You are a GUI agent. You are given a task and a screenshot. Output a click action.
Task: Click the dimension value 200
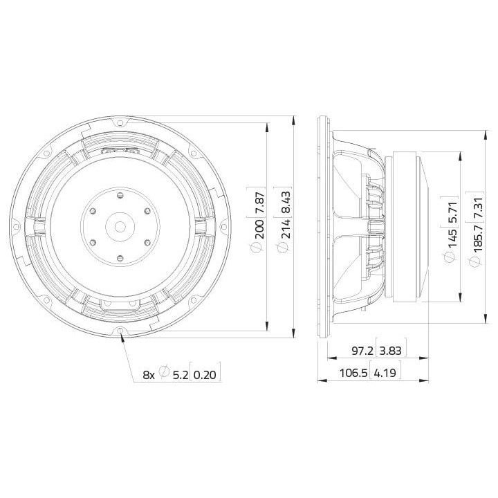[259, 230]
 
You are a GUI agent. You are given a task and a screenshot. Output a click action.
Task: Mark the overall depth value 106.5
[351, 374]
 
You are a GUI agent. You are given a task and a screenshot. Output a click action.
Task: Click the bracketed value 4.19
[385, 374]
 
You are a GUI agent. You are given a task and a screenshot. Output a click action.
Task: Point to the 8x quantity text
[148, 374]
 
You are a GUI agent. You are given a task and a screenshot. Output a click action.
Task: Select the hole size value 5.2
[178, 374]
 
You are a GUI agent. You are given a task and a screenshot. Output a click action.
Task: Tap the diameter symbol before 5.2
[164, 374]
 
